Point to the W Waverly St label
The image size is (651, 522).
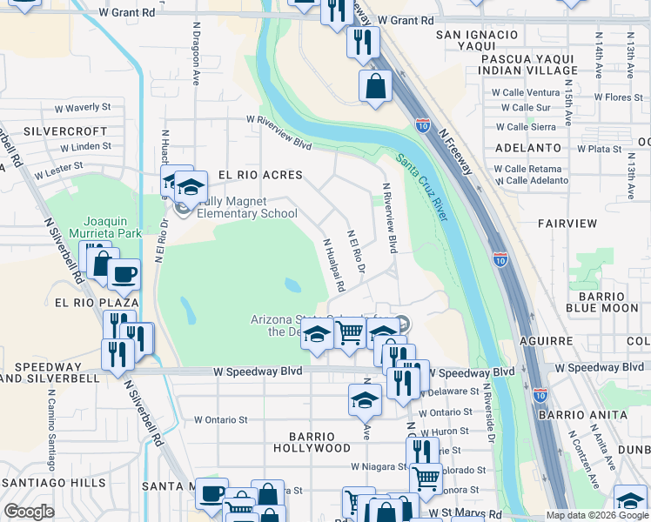[83, 108]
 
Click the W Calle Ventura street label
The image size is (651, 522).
[526, 92]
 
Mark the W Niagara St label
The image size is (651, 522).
[373, 466]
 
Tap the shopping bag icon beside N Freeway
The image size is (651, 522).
[375, 86]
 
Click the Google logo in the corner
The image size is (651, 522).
[29, 512]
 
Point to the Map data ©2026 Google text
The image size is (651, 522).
[597, 515]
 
